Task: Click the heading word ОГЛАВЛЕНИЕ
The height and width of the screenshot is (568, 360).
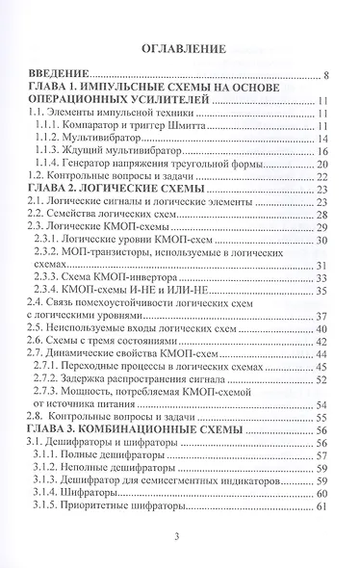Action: point(181,45)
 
